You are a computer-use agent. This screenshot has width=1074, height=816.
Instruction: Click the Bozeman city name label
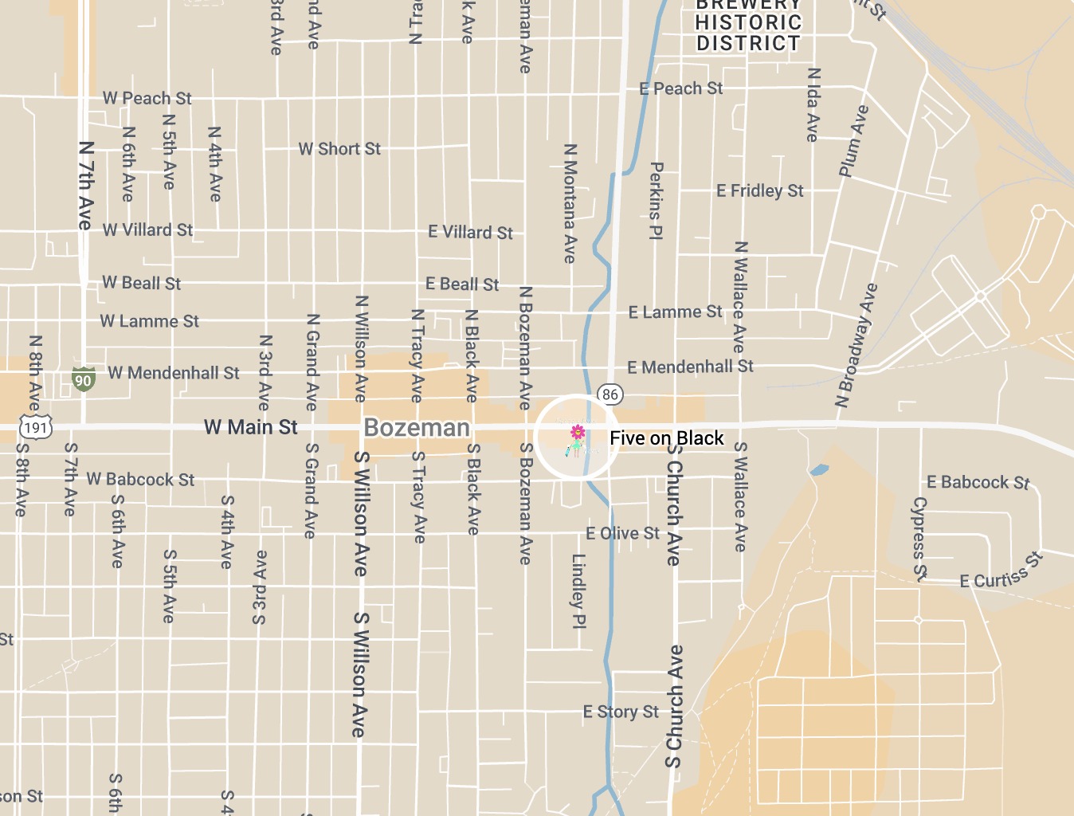pos(417,428)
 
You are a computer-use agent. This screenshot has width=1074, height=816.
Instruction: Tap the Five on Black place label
pos(666,438)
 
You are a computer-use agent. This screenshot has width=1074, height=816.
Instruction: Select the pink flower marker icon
pos(578,433)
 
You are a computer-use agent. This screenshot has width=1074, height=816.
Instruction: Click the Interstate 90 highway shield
pos(83,379)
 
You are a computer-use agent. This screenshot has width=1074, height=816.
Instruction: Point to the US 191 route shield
pos(36,427)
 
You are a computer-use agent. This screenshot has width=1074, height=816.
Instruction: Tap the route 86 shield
pos(610,394)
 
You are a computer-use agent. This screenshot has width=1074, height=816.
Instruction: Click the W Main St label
pos(250,427)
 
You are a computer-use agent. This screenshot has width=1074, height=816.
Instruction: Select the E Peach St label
pos(680,88)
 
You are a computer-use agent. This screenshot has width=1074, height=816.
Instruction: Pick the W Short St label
pos(339,149)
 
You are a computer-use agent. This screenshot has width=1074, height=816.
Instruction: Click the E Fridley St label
pos(759,190)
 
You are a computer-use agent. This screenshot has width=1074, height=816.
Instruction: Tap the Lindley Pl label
pos(578,590)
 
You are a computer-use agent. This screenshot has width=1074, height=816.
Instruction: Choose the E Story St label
pos(621,712)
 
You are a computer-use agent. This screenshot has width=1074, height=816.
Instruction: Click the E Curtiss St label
pos(1001,572)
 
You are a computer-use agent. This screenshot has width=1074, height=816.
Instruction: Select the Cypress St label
pos(919,539)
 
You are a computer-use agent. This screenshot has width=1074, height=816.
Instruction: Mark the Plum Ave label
pos(853,140)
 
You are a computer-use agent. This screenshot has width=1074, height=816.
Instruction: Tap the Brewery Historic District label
pos(747,24)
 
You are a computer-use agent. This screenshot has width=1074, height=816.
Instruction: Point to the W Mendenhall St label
pos(173,373)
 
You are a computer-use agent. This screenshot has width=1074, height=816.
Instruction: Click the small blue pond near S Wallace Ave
pos(819,470)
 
